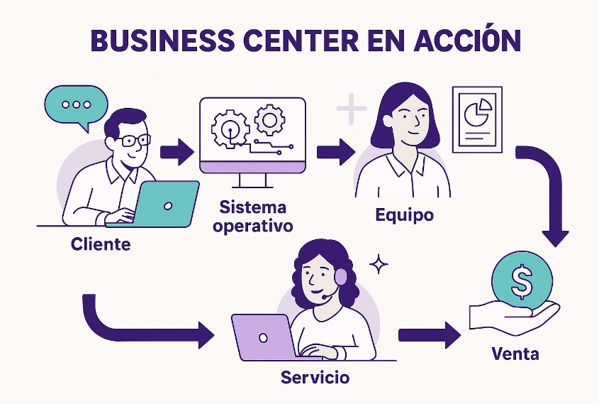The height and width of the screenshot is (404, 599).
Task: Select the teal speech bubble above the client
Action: click(x=75, y=105)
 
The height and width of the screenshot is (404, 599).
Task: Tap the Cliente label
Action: click(x=101, y=245)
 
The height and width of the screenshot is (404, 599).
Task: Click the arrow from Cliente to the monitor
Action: click(x=177, y=151)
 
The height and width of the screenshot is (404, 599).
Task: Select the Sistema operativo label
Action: click(x=252, y=217)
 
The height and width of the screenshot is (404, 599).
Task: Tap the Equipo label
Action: click(x=404, y=214)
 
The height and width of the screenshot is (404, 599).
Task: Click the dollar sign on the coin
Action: click(x=522, y=281)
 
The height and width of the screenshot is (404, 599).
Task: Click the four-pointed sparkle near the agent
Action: click(x=380, y=264)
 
